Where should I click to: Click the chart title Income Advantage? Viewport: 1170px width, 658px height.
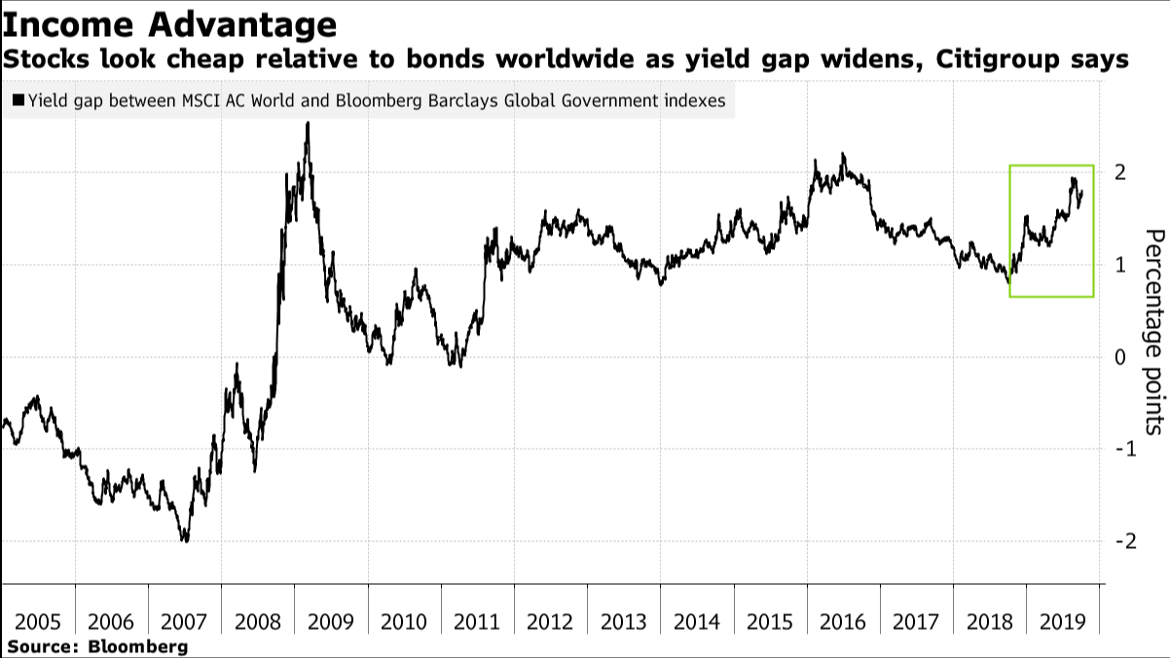[x=170, y=23]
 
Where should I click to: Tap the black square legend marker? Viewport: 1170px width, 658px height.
[x=18, y=100]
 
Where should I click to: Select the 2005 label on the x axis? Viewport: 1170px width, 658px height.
[x=39, y=622]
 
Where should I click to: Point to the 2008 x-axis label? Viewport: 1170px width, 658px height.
[x=258, y=622]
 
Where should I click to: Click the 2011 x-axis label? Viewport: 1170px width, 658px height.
[x=478, y=622]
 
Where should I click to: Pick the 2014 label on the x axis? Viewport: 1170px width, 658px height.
[x=697, y=622]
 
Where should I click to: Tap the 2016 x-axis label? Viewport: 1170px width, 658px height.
[x=843, y=622]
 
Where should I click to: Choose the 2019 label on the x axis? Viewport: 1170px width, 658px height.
[x=1062, y=622]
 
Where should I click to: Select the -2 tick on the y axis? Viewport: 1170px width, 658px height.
[x=1115, y=541]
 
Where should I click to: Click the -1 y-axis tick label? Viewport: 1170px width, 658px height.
[x=1115, y=449]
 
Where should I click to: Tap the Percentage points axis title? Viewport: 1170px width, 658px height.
[x=1152, y=331]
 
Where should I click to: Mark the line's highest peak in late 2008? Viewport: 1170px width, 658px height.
[x=308, y=124]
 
